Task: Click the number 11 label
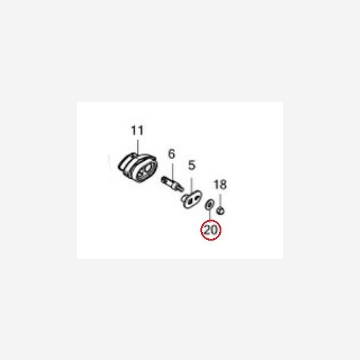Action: coord(137,130)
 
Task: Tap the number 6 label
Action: coord(172,154)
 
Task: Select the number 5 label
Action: coord(192,166)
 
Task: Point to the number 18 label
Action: coord(220,184)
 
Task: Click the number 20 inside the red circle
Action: coord(211,230)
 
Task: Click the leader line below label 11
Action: coord(138,147)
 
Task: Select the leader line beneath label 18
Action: coord(220,200)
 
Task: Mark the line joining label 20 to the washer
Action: coord(209,214)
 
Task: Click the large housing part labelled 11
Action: coord(138,167)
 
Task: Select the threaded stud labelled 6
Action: coord(172,184)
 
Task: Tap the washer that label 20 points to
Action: coord(209,204)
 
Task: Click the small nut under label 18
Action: coord(221,211)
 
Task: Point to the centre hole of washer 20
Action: coord(209,204)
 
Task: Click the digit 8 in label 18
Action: coord(223,184)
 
